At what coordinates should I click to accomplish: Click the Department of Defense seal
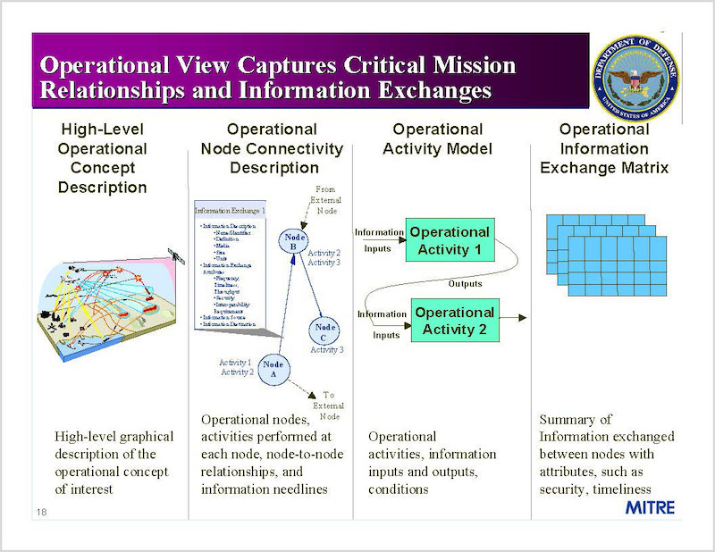[x=636, y=79]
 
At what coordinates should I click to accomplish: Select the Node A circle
[x=275, y=367]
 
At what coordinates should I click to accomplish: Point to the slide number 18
[x=42, y=512]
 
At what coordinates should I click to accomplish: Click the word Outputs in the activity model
[x=465, y=283]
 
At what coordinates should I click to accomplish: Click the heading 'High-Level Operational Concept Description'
[x=103, y=158]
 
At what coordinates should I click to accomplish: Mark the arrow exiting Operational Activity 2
[x=514, y=317]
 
